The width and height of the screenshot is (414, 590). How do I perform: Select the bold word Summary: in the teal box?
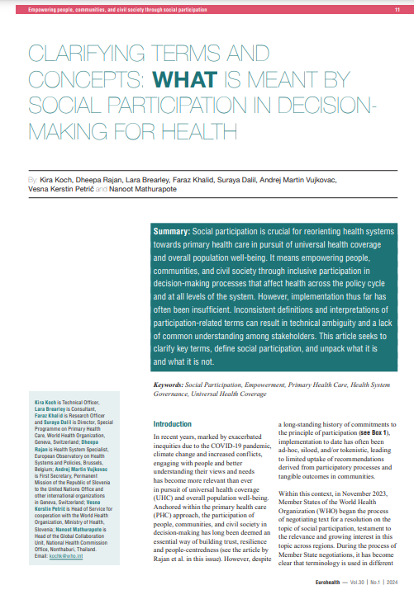(173, 233)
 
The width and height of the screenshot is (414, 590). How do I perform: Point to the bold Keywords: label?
(170, 385)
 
